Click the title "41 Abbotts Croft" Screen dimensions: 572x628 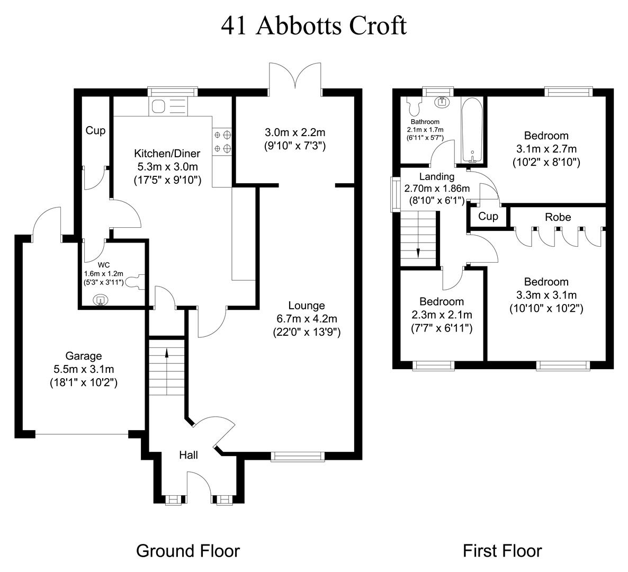(x=313, y=25)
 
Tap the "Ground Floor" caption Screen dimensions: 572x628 (x=188, y=551)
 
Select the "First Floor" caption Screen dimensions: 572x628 (x=502, y=551)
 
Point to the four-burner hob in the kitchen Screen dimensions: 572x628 (x=223, y=142)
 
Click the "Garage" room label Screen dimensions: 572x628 (x=83, y=356)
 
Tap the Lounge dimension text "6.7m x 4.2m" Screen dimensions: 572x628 (x=307, y=319)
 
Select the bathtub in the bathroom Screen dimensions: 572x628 (x=471, y=130)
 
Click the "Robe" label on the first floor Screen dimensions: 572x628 (x=558, y=217)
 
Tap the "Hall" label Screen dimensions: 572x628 (x=189, y=455)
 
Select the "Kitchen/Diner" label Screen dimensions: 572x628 (x=167, y=154)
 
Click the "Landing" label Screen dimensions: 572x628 (x=437, y=176)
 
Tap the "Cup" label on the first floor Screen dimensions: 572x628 (x=488, y=216)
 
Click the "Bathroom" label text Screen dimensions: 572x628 (x=425, y=122)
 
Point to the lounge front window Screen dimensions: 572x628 (x=297, y=455)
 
